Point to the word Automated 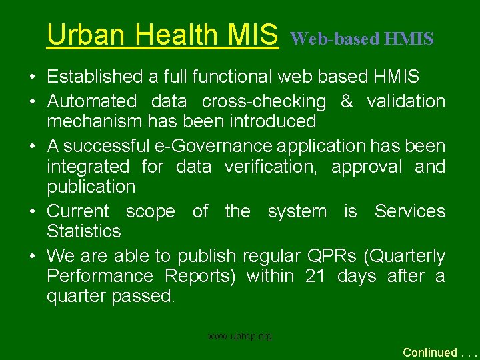(91, 102)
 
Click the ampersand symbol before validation (346, 102)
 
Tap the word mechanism (94, 122)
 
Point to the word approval (367, 167)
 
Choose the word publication (91, 187)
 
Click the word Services (409, 211)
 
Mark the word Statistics (84, 231)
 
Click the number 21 (315, 276)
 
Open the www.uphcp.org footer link (240, 337)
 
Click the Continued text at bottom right (431, 352)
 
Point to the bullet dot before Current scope (32, 212)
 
